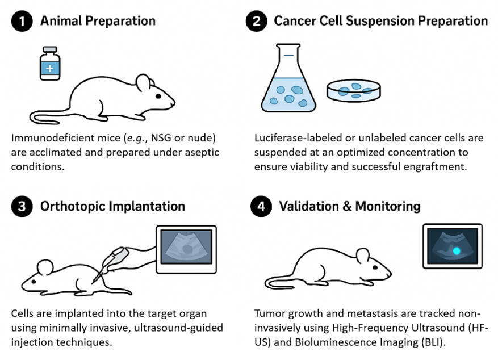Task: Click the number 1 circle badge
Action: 20,21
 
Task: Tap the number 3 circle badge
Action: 20,206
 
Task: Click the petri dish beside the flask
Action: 353,90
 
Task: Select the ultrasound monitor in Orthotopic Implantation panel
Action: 186,247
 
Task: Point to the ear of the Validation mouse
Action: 363,256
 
